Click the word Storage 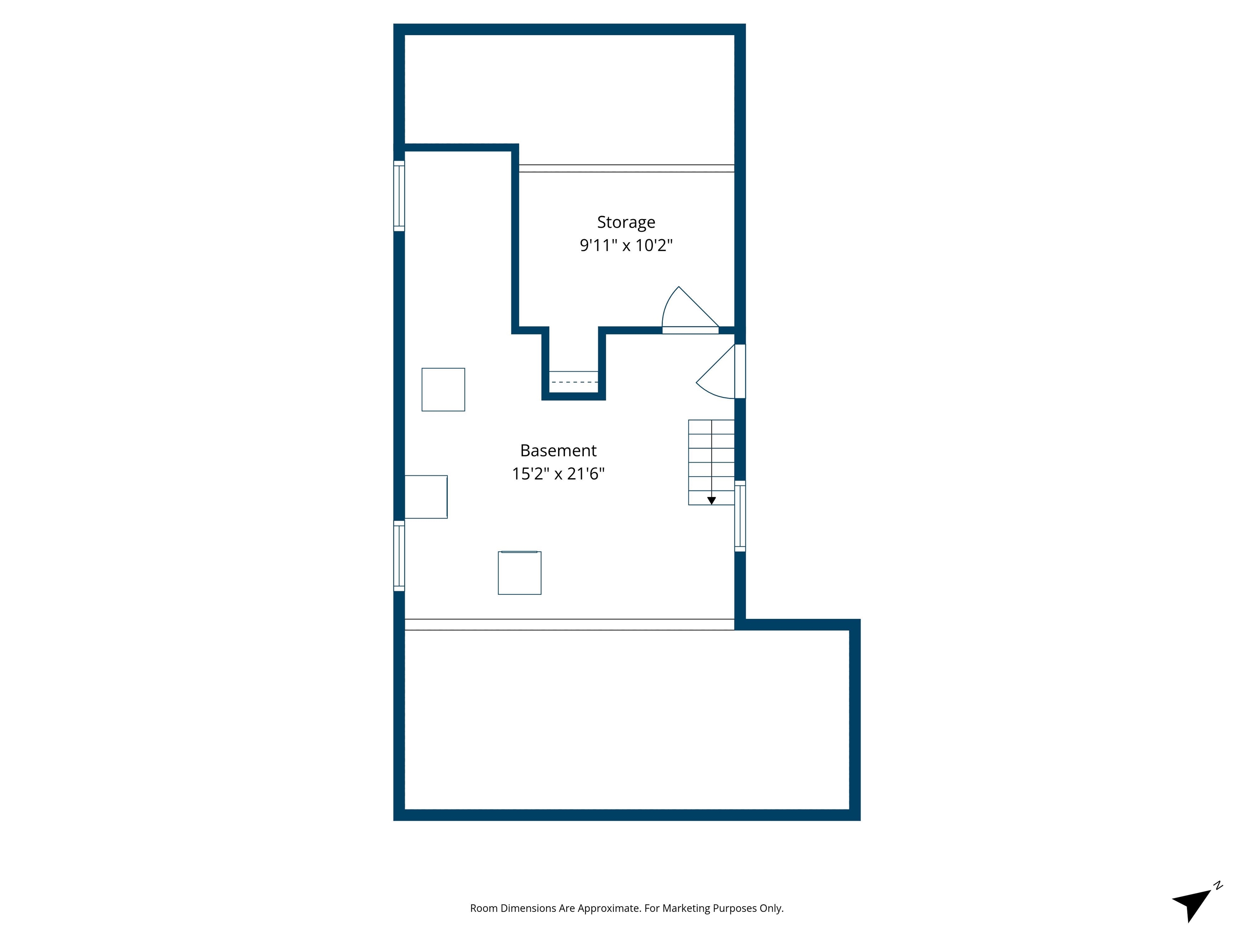(626, 222)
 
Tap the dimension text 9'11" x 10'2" (626, 245)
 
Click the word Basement (558, 450)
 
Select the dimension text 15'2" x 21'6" (558, 474)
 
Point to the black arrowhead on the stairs (711, 501)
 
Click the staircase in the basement (711, 462)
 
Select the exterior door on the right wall (739, 371)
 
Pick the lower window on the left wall (399, 556)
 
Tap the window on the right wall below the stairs (740, 516)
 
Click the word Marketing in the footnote (686, 908)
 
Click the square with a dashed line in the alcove (574, 381)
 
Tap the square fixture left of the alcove (443, 389)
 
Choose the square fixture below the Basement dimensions (519, 573)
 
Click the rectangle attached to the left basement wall (426, 497)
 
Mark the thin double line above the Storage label (627, 168)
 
